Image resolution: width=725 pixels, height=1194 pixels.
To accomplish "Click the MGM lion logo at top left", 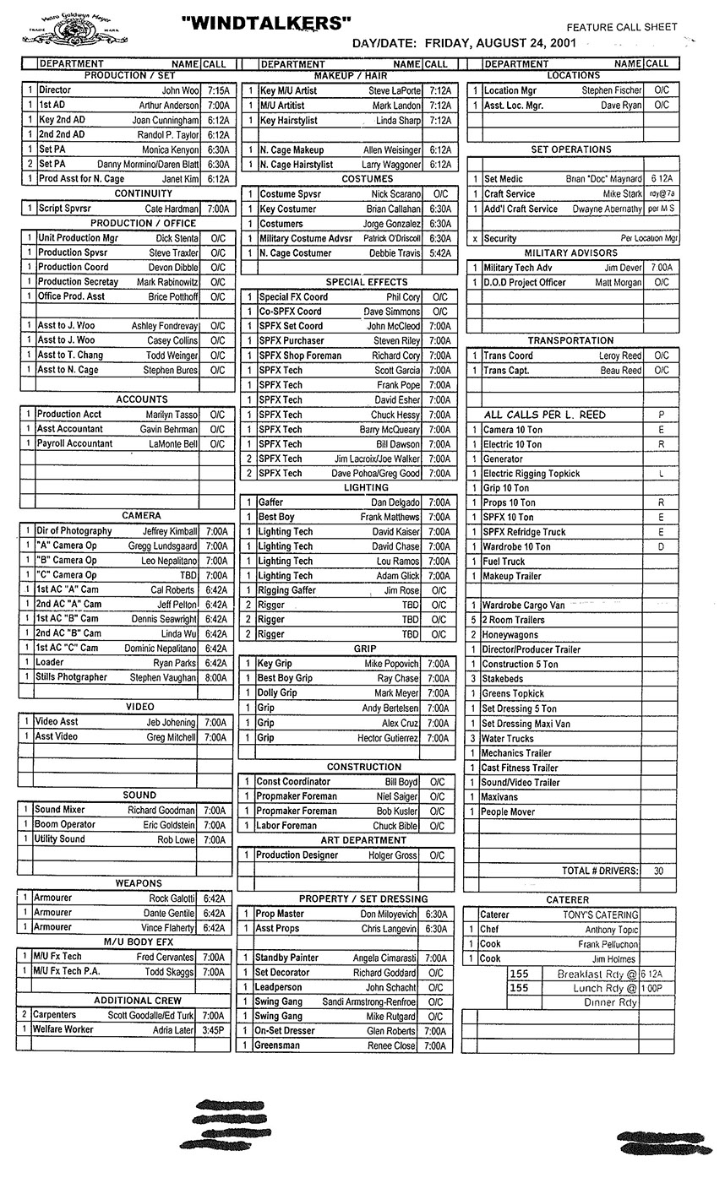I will point(66,32).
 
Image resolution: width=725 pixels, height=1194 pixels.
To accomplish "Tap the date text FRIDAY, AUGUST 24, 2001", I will point(501,42).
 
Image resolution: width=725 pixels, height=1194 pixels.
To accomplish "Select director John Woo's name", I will point(180,90).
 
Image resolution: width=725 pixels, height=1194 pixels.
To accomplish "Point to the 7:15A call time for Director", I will point(217,90).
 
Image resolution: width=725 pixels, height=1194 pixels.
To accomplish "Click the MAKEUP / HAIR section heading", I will point(350,76).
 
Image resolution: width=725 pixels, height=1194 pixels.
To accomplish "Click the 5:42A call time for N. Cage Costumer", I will point(439,253).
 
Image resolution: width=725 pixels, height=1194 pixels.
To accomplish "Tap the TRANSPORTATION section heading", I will point(571,340).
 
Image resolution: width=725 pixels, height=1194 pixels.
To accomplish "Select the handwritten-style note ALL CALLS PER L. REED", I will point(545,415).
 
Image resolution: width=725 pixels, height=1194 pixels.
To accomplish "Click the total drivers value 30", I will point(658,871).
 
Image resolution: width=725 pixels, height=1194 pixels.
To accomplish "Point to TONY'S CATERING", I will point(601,914).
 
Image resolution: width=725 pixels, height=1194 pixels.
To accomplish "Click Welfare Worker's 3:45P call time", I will point(215,1030).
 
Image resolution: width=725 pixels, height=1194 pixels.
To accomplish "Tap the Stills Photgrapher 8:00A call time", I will point(215,677).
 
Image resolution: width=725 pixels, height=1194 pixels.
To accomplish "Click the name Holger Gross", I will point(395,855).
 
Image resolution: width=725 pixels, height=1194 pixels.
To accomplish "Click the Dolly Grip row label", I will point(277,693).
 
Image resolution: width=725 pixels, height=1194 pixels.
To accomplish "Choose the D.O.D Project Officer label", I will point(524,282).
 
